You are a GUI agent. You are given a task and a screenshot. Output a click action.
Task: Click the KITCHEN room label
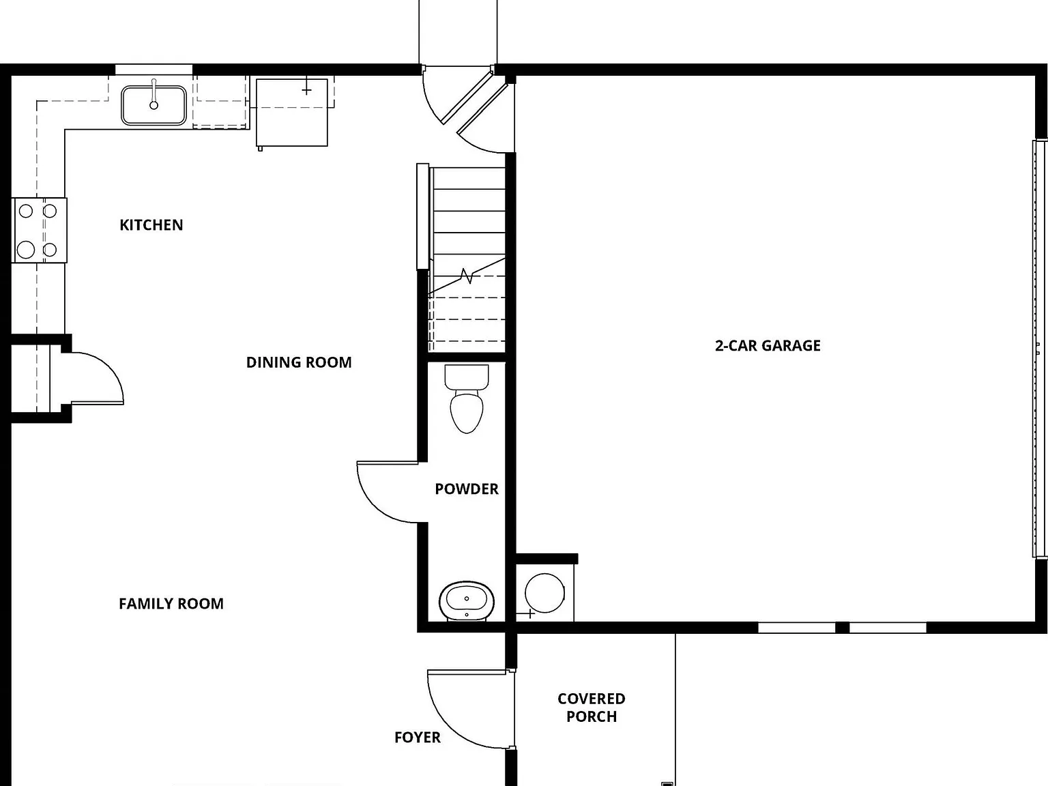tap(151, 225)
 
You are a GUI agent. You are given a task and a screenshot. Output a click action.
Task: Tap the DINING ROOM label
tap(299, 362)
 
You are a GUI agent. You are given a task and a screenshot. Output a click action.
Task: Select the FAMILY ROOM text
tap(171, 604)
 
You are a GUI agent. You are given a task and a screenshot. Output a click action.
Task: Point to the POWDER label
tap(467, 489)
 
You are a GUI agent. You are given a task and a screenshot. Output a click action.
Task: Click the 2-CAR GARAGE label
tap(768, 345)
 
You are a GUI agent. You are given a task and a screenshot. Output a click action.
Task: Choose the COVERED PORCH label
tap(592, 708)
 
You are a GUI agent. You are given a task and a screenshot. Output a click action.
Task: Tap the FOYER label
tap(418, 738)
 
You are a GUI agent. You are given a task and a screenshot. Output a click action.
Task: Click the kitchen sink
tap(154, 105)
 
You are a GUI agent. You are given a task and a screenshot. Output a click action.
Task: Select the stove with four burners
tap(39, 230)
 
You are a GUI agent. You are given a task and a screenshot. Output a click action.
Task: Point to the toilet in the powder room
tap(467, 399)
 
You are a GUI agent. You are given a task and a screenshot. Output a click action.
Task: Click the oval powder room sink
tap(467, 601)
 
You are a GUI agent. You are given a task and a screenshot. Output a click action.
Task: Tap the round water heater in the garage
tap(544, 593)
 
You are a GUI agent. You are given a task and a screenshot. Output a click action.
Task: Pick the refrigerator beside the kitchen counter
tap(292, 113)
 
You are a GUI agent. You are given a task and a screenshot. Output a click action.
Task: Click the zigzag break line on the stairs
tap(467, 276)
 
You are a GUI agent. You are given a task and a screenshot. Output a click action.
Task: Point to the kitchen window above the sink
tap(154, 70)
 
